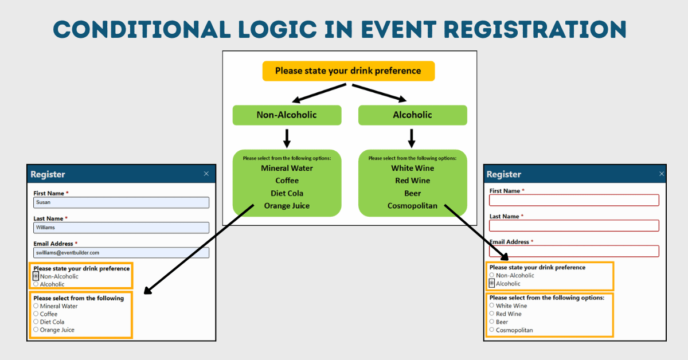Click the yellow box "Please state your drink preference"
point(348,71)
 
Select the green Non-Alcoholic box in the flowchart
point(287,115)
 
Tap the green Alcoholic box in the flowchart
point(412,115)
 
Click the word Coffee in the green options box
point(287,181)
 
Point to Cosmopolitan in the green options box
point(412,206)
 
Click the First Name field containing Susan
point(121,202)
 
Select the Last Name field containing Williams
point(121,228)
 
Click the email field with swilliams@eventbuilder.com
point(121,253)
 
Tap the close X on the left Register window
point(206,174)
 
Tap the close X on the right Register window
point(661,174)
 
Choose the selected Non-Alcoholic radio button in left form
point(36,276)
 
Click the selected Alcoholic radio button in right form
point(492,283)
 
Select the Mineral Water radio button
point(36,306)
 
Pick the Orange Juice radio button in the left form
point(36,330)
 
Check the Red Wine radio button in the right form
point(492,314)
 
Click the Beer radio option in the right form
point(492,322)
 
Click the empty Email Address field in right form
point(574,251)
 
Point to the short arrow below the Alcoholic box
point(411,138)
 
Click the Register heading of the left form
point(48,174)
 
